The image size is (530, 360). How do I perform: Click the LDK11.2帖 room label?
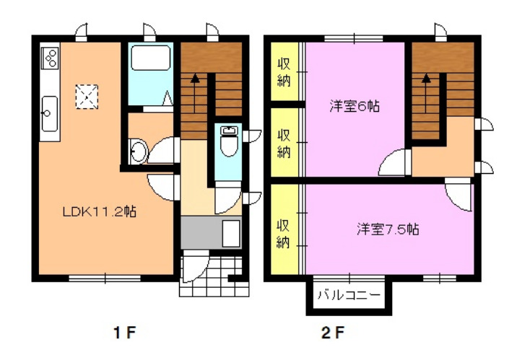pos(100,212)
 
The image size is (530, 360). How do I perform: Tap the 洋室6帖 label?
pos(355,106)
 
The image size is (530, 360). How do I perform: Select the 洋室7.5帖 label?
pos(388,229)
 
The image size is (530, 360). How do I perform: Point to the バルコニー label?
pos(349,295)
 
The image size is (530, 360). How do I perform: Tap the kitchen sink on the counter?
pos(50,113)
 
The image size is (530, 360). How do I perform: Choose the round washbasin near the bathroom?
pos(138,152)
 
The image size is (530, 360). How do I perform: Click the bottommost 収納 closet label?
pos(284,232)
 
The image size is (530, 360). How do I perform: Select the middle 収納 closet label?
pos(284,142)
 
